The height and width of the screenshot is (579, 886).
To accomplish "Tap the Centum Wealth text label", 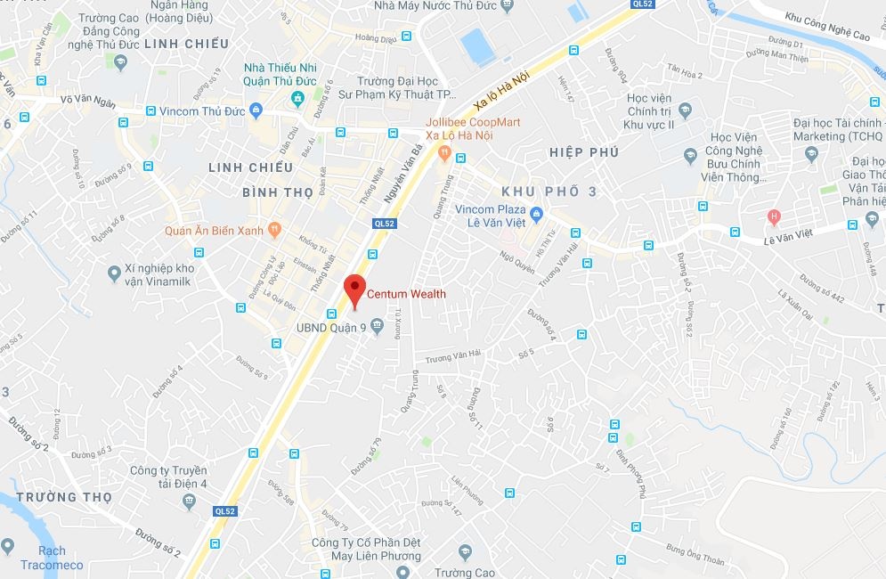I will point(407,294).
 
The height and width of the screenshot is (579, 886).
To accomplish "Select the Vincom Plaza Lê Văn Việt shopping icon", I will point(536,214).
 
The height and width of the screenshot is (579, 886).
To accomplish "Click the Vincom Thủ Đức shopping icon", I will point(256,110).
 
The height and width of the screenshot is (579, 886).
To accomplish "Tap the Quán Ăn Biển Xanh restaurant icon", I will point(274,230).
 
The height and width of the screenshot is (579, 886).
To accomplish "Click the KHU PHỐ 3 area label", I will point(549,192).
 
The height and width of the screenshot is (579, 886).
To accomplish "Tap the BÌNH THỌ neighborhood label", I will point(278,192).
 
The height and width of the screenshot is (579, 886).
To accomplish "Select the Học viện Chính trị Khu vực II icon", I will point(685,111).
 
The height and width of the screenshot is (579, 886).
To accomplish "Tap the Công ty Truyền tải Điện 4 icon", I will point(189,502).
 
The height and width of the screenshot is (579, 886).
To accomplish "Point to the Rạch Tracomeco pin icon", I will point(8,545).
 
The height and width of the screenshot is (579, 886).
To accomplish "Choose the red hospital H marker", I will point(774,216).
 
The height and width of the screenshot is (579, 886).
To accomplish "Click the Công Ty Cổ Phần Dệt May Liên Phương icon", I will point(463,552).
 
